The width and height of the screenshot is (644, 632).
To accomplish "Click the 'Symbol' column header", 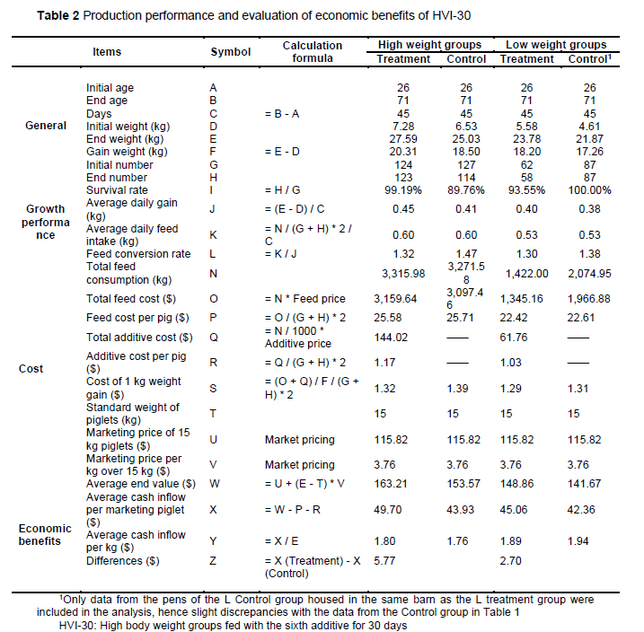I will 230,52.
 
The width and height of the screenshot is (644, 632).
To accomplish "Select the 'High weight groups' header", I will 429,44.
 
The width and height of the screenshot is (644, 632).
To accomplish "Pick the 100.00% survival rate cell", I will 589,190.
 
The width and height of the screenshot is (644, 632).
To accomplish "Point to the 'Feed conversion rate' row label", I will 138,254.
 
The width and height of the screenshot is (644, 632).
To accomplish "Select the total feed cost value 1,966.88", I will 589,297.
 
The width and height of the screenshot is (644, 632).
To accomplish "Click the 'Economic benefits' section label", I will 45,534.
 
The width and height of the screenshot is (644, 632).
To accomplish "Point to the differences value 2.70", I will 511,561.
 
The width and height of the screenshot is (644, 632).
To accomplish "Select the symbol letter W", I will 214,482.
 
